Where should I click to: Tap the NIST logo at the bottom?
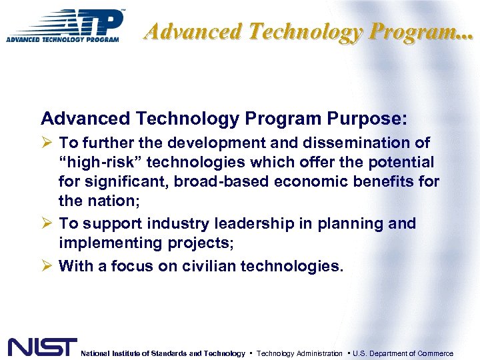tap(42, 347)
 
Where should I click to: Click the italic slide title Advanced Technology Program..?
tap(309, 31)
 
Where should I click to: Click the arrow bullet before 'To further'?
tap(47, 143)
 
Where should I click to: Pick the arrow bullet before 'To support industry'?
tap(47, 223)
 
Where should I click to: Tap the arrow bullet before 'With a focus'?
tap(47, 266)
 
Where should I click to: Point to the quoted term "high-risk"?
tap(98, 162)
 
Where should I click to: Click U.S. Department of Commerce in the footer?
tap(403, 353)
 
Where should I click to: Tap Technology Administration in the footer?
tap(299, 353)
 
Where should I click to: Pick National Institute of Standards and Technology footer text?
tap(163, 353)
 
